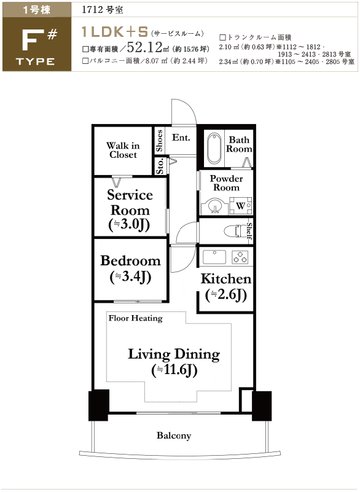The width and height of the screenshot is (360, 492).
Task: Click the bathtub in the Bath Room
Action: click(x=214, y=148)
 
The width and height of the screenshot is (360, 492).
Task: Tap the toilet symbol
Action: click(x=235, y=231)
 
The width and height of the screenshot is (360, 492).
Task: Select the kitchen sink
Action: click(x=214, y=257)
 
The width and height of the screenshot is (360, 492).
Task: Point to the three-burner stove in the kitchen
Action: click(x=240, y=257)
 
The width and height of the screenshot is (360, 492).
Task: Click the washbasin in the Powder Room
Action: click(x=214, y=206)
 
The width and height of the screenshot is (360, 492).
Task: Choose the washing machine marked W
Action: click(x=240, y=206)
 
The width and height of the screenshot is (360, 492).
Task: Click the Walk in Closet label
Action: click(x=123, y=150)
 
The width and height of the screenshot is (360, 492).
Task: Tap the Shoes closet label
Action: click(x=159, y=141)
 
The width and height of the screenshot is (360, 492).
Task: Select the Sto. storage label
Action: click(x=160, y=166)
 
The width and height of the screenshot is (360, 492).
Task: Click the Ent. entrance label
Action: click(x=181, y=138)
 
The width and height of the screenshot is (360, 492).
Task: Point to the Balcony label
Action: click(x=174, y=435)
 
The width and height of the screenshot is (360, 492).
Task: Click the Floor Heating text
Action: click(x=136, y=318)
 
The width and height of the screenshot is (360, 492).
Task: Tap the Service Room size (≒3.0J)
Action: click(x=129, y=225)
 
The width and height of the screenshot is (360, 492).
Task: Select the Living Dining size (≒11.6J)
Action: click(x=174, y=370)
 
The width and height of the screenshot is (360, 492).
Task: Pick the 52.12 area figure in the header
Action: click(x=145, y=47)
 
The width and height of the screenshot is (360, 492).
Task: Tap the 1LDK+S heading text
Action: click(x=115, y=32)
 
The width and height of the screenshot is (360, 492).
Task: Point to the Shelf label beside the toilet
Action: click(x=249, y=231)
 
